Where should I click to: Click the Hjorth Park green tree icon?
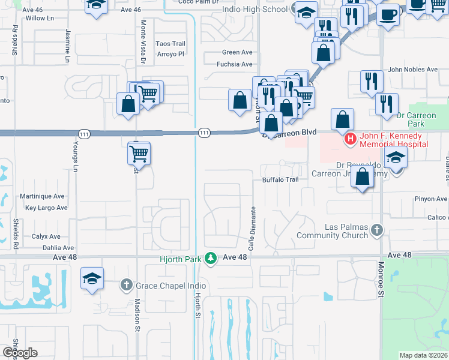[210, 257]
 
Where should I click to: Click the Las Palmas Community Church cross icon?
[376, 230]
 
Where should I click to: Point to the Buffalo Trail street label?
[280, 179]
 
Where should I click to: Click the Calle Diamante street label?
[253, 229]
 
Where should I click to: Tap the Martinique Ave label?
[41, 196]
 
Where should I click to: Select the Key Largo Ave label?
[47, 208]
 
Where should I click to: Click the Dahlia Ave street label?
[59, 247]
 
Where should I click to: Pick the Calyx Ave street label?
[46, 236]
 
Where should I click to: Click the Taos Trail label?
[170, 44]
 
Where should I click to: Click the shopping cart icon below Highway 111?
[139, 153]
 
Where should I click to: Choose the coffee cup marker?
[388, 13]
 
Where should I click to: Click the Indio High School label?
[255, 10]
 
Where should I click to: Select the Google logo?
[20, 352]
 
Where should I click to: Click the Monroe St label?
[381, 279]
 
